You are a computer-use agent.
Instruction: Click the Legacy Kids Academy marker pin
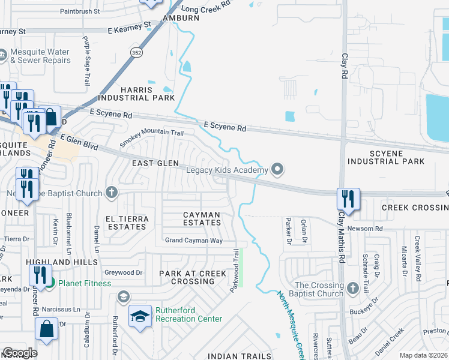tap(277, 170)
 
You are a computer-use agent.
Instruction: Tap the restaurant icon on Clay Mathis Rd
tap(348, 199)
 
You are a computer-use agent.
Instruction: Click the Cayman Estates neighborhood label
tap(202, 218)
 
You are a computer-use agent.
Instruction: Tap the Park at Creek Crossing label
tap(193, 277)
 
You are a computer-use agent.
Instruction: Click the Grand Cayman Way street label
tap(194, 241)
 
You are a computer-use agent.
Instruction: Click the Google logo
tap(19, 353)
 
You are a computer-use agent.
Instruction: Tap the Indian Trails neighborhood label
tap(235, 356)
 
